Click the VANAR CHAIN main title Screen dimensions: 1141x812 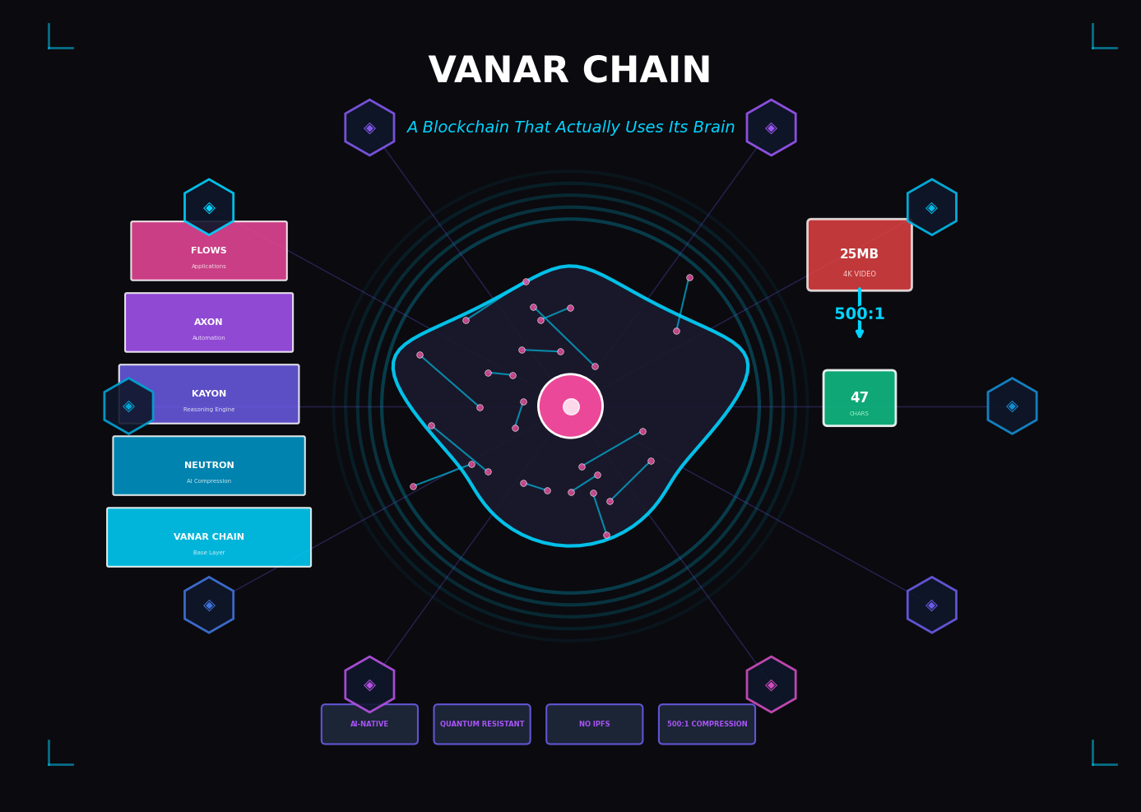click(569, 72)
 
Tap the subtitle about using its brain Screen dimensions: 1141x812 click(570, 128)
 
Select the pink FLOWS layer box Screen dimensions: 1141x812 click(209, 251)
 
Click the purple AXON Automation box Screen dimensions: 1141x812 click(209, 322)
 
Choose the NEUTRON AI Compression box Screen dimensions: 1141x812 click(209, 466)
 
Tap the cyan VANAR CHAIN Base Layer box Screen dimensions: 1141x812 click(209, 537)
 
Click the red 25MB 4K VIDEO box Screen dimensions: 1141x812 click(859, 255)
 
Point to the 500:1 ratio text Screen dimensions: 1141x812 click(859, 314)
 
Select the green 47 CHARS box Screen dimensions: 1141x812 click(859, 398)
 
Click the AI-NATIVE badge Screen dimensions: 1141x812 click(369, 724)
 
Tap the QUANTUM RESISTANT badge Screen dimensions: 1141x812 click(482, 724)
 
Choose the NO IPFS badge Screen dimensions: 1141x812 click(594, 724)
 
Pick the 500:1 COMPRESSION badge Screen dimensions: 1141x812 click(707, 724)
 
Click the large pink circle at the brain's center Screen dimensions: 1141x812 click(570, 406)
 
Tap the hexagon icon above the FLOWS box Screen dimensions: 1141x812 click(209, 207)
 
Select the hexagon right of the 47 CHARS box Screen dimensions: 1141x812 click(1012, 406)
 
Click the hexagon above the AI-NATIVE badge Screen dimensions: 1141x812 click(369, 684)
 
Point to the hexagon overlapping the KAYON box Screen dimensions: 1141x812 click(128, 406)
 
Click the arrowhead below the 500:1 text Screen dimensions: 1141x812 click(859, 333)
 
